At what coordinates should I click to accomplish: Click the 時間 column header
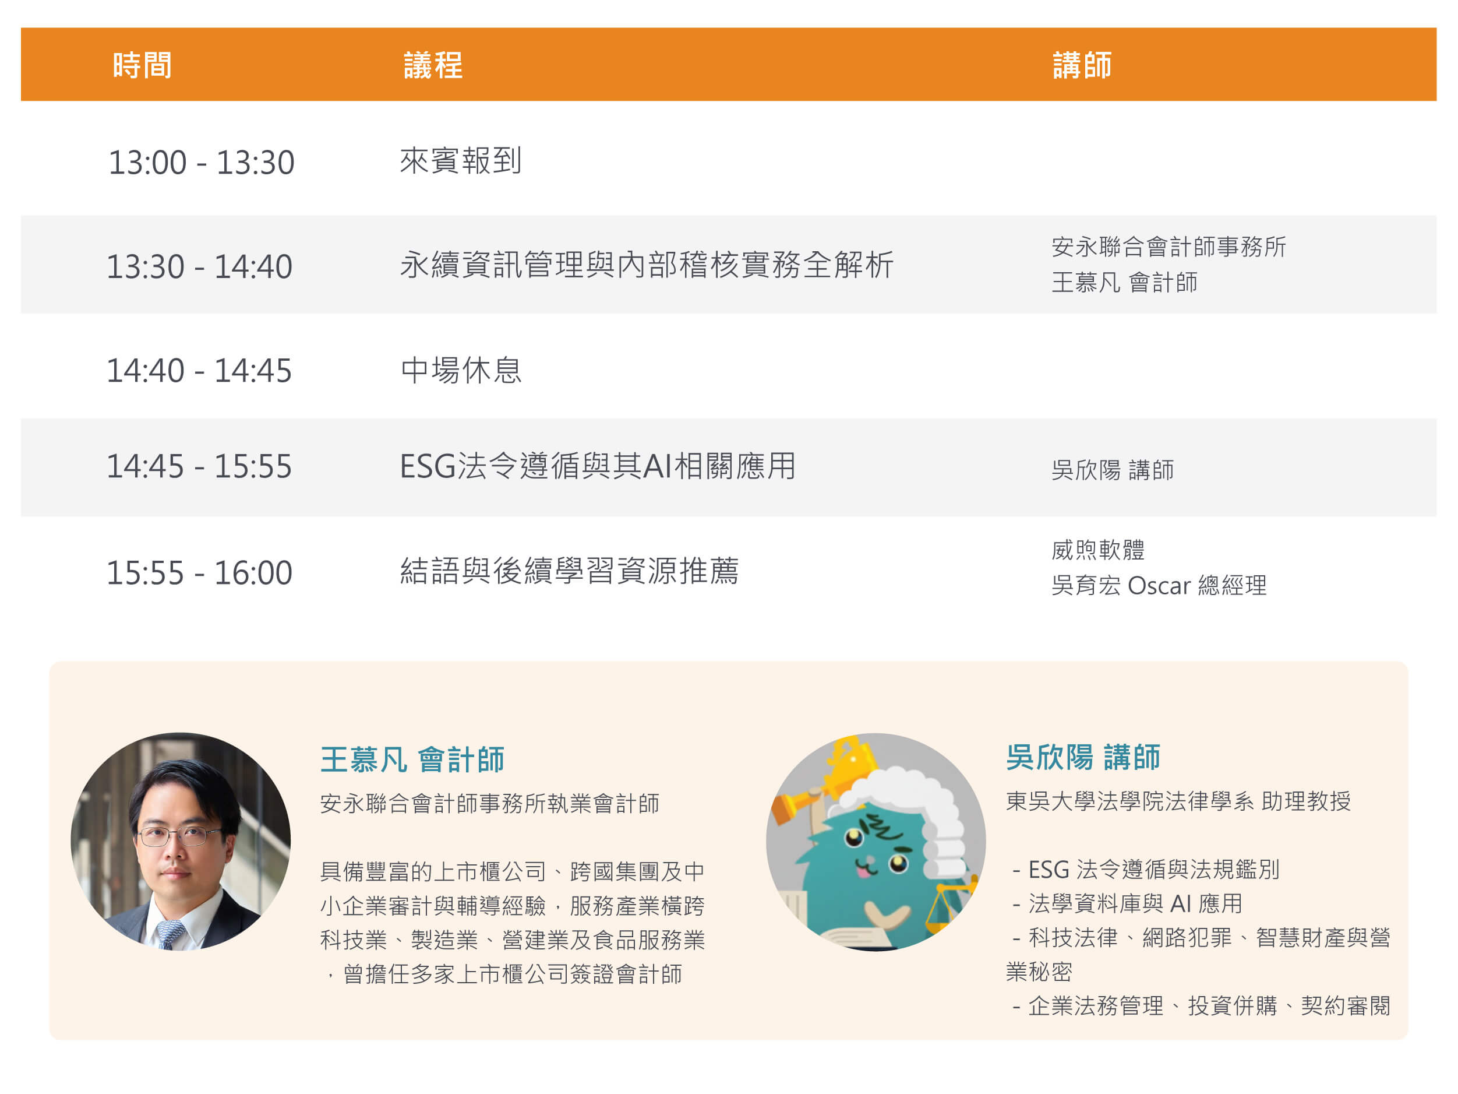pyautogui.click(x=142, y=65)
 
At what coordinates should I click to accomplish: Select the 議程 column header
pyautogui.click(x=433, y=65)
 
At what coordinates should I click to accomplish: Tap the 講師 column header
pyautogui.click(x=1082, y=65)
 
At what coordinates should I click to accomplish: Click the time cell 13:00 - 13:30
pyautogui.click(x=201, y=162)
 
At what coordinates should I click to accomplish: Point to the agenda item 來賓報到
pyautogui.click(x=461, y=161)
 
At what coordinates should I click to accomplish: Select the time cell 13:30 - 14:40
pyautogui.click(x=199, y=266)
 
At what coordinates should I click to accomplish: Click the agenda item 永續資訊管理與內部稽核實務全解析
pyautogui.click(x=647, y=265)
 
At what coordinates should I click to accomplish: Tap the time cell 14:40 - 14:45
pyautogui.click(x=199, y=371)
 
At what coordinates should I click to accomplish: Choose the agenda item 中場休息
pyautogui.click(x=461, y=370)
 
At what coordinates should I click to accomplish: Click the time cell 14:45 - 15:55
pyautogui.click(x=199, y=466)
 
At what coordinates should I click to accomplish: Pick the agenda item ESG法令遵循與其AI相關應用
pyautogui.click(x=598, y=466)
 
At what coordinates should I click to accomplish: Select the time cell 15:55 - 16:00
pyautogui.click(x=199, y=572)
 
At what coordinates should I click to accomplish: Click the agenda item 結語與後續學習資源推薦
pyautogui.click(x=570, y=571)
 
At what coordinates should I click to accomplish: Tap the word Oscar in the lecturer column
pyautogui.click(x=1159, y=586)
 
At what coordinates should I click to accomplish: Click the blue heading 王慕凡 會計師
pyautogui.click(x=412, y=759)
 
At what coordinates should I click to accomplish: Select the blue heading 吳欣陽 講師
pyautogui.click(x=1083, y=757)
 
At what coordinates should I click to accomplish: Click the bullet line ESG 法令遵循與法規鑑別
pyautogui.click(x=1146, y=870)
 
